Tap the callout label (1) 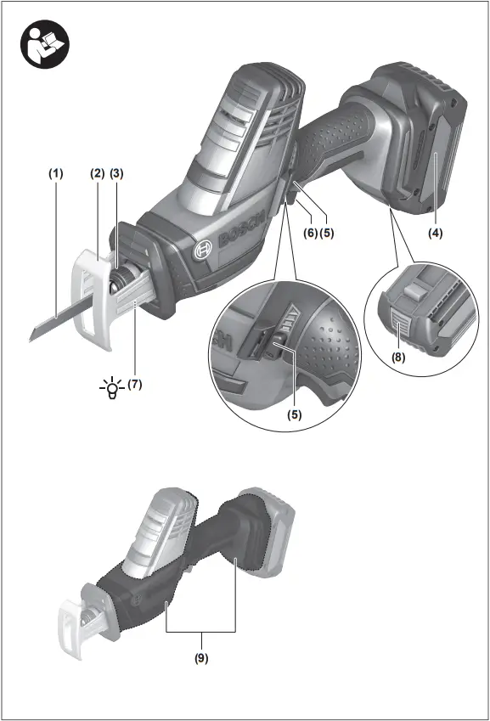click(55, 173)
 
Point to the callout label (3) click(117, 173)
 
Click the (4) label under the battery click(435, 231)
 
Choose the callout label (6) click(311, 232)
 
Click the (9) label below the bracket click(200, 657)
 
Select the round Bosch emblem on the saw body click(202, 251)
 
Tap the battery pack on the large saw click(416, 136)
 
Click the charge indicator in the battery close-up click(399, 325)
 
